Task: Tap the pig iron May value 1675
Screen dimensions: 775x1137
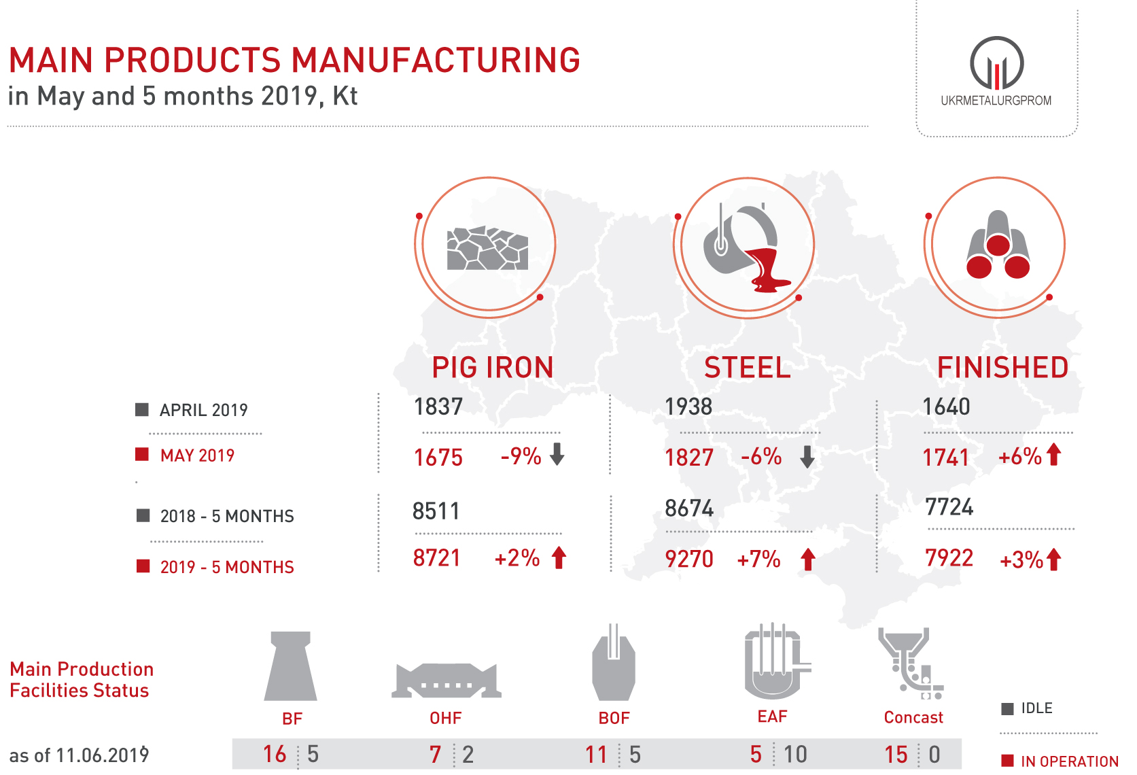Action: (x=438, y=458)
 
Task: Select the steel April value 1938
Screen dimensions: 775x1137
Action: (x=688, y=407)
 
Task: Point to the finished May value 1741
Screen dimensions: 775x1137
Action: (x=945, y=458)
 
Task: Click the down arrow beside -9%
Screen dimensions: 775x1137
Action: (x=557, y=453)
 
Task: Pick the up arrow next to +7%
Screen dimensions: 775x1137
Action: (x=807, y=559)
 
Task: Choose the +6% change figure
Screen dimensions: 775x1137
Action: (x=1019, y=456)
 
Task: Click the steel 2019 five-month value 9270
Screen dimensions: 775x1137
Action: (x=689, y=559)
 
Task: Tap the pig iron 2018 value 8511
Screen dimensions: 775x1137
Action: (x=436, y=511)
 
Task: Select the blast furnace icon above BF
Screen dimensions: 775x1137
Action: (x=291, y=666)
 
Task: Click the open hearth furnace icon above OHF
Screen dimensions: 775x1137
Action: (x=446, y=681)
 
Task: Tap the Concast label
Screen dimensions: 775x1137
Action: (x=913, y=717)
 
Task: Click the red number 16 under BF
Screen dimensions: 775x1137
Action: (x=275, y=754)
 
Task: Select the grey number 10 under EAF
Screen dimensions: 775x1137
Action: (x=795, y=754)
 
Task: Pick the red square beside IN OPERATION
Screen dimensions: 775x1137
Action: (x=1008, y=760)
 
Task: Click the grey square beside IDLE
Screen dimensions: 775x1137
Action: (x=1008, y=708)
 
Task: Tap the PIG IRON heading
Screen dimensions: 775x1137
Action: (x=493, y=367)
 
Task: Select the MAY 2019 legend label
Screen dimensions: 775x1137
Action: (x=197, y=455)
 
